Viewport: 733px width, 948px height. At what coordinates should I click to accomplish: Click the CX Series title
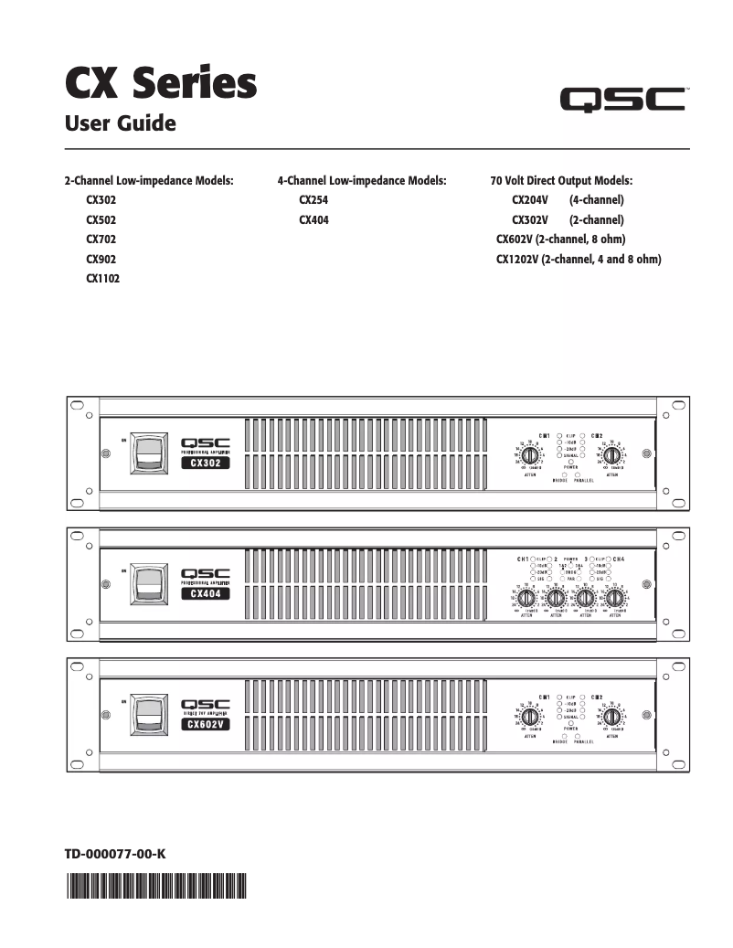click(160, 83)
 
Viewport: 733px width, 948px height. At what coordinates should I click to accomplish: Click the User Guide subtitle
click(119, 122)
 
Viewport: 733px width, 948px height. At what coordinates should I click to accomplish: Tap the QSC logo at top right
click(624, 99)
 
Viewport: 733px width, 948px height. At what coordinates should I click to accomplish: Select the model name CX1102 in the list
click(102, 279)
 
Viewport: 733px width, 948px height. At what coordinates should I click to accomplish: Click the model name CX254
click(313, 199)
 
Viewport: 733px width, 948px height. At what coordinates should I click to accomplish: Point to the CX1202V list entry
click(578, 260)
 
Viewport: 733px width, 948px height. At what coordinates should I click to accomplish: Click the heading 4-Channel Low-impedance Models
click(361, 180)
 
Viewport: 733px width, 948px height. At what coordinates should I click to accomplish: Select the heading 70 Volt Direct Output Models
click(561, 180)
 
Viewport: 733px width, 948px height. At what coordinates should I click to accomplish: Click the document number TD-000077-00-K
click(114, 854)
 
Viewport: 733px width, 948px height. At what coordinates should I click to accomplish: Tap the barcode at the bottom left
click(156, 886)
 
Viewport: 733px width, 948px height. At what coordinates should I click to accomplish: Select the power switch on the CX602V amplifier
click(146, 715)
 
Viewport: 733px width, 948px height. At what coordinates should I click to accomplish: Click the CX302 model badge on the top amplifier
click(205, 463)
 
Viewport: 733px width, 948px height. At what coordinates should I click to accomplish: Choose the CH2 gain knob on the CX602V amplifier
click(611, 717)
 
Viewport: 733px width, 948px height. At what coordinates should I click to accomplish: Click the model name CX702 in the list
click(101, 240)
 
